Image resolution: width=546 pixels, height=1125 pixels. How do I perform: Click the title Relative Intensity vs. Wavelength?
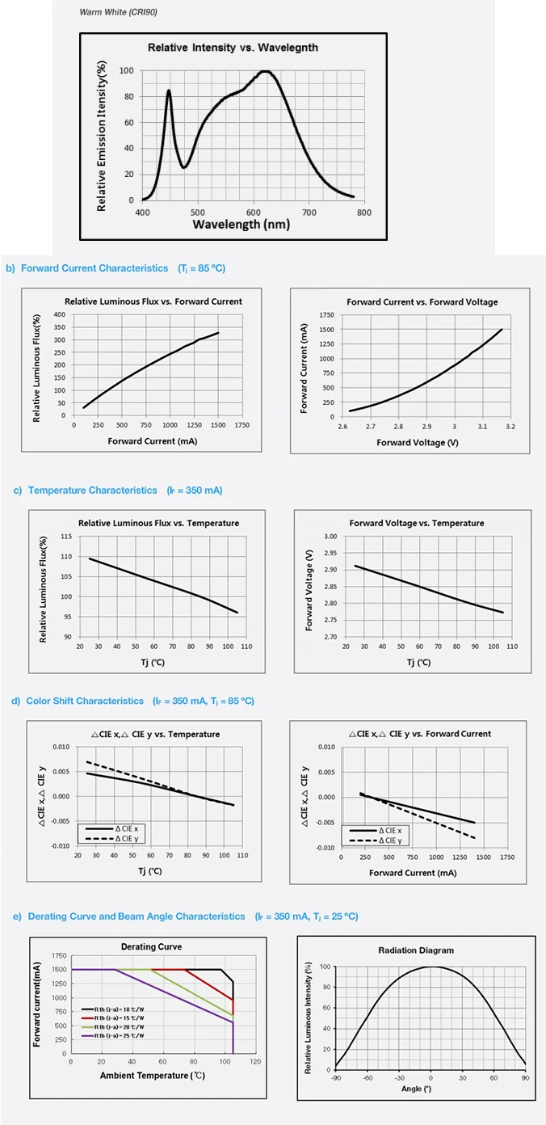233,48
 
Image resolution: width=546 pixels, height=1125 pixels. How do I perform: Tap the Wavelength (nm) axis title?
241,224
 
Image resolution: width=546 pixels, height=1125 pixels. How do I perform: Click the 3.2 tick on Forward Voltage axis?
510,426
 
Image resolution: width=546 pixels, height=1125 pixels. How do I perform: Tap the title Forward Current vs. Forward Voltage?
422,301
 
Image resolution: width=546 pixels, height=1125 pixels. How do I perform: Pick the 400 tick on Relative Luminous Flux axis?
59,314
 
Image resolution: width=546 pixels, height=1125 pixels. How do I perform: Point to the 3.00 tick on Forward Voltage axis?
330,537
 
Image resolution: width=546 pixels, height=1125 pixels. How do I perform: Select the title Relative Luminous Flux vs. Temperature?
158,523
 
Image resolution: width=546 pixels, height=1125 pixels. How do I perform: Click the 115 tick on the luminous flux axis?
66,537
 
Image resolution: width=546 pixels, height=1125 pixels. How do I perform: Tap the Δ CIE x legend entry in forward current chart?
395,831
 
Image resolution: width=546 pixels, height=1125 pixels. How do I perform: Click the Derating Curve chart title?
151,946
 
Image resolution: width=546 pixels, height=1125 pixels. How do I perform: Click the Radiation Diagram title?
416,950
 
